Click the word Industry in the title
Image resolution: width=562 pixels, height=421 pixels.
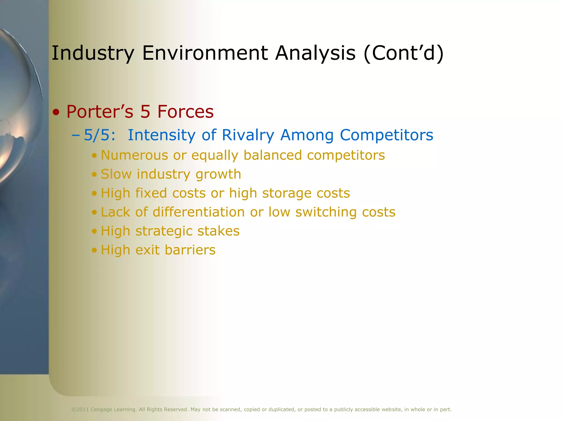coord(93,53)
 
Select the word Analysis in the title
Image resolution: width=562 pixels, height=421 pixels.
coord(315,53)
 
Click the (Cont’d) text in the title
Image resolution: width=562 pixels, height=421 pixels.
coord(403,53)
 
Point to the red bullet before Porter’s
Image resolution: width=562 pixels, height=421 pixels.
coord(56,112)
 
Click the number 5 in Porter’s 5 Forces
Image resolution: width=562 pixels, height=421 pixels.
coord(145,112)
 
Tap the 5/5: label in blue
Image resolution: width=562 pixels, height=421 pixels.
coord(99,135)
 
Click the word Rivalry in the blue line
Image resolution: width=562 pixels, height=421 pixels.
coord(248,135)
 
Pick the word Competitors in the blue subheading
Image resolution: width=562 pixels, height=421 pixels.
coord(386,135)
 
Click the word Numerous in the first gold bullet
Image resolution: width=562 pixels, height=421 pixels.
coord(134,155)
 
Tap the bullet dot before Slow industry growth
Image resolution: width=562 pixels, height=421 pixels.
coord(94,175)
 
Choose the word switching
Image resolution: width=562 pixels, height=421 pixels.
coord(326,212)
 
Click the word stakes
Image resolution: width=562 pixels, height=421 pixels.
coord(218,231)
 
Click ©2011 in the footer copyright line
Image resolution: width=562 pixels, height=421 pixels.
coord(80,409)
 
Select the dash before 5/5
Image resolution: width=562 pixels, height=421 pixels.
coord(75,135)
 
